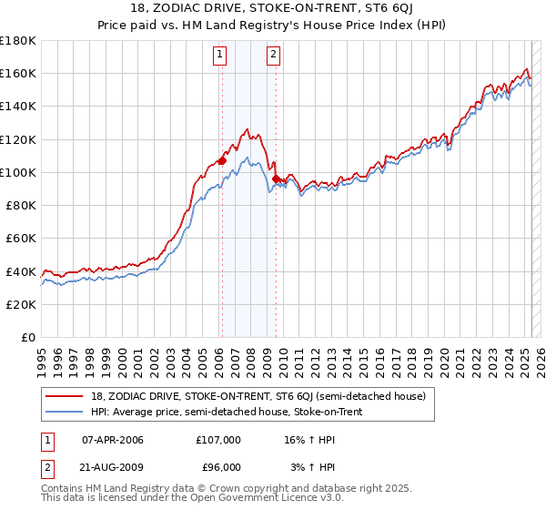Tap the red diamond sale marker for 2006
pyautogui.click(x=222, y=160)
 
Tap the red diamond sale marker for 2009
pyautogui.click(x=276, y=178)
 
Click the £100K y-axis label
pyautogui.click(x=19, y=172)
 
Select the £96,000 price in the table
pyautogui.click(x=218, y=466)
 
